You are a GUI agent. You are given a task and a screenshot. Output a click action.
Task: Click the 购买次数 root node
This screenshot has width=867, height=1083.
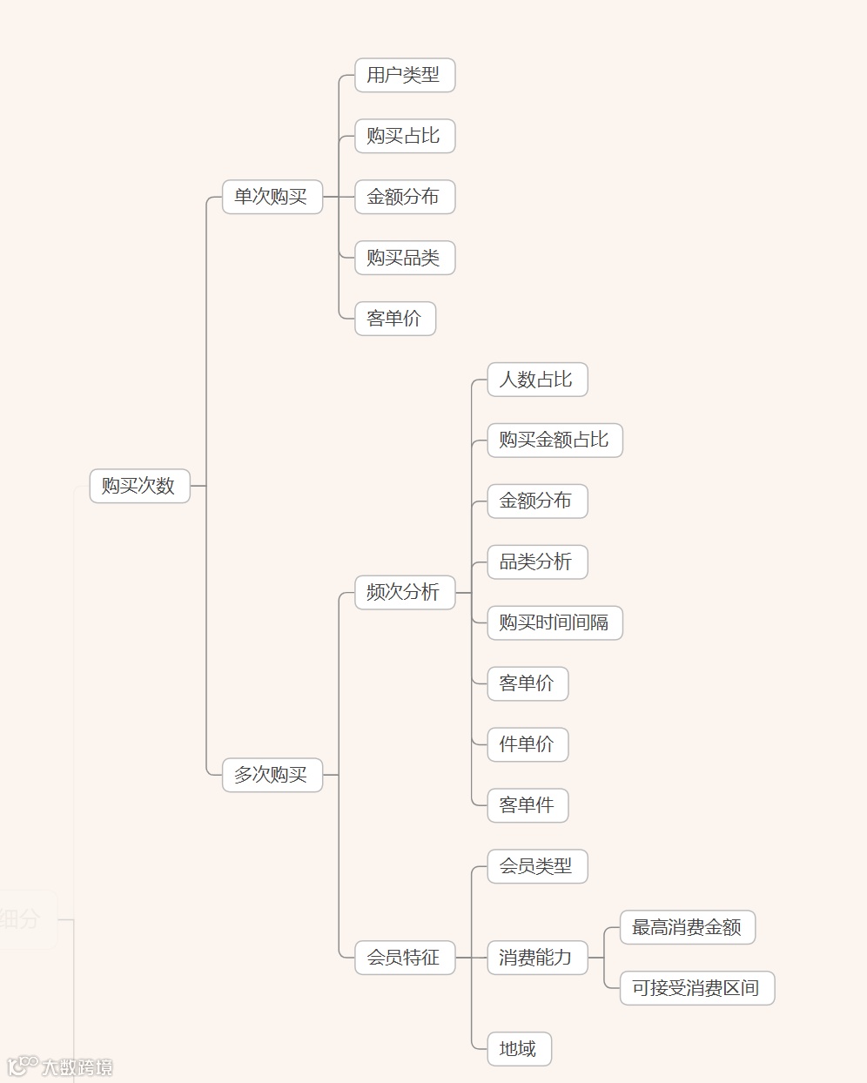[139, 486]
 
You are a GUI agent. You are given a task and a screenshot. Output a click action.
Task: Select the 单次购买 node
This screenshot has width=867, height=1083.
[272, 197]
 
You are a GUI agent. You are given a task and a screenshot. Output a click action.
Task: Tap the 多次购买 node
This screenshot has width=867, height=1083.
[272, 775]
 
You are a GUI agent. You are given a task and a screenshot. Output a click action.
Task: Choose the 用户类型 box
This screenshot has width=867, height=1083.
[404, 75]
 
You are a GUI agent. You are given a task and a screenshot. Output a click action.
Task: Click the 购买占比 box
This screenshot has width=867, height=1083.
[404, 136]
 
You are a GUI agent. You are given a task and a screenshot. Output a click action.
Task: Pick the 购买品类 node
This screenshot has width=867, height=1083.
[404, 258]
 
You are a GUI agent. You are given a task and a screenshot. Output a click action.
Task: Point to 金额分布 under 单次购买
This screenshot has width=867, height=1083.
[404, 197]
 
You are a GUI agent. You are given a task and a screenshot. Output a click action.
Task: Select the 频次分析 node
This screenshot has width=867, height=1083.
[404, 593]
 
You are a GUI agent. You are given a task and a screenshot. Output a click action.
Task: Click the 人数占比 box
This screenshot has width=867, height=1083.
[536, 380]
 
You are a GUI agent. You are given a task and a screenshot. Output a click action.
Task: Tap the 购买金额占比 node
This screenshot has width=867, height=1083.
[554, 441]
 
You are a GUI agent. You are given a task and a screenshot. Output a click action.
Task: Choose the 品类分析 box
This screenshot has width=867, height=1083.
[536, 562]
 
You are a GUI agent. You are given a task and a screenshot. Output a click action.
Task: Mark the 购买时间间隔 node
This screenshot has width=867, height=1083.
[554, 623]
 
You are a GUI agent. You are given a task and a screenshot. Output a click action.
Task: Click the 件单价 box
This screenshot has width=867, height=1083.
[527, 744]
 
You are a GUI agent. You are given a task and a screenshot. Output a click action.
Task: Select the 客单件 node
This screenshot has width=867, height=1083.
[527, 805]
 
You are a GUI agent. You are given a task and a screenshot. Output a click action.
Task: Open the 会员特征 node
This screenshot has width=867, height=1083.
[404, 958]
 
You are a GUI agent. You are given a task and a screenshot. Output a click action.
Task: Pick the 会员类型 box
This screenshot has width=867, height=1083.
[536, 866]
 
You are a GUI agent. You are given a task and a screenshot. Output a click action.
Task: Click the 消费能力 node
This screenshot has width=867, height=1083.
[536, 958]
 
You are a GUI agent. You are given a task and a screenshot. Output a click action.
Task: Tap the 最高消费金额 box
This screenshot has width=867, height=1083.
[687, 927]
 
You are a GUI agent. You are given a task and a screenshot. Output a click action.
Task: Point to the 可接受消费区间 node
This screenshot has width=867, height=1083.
[696, 988]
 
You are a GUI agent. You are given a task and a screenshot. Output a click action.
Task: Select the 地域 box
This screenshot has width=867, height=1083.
[518, 1049]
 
